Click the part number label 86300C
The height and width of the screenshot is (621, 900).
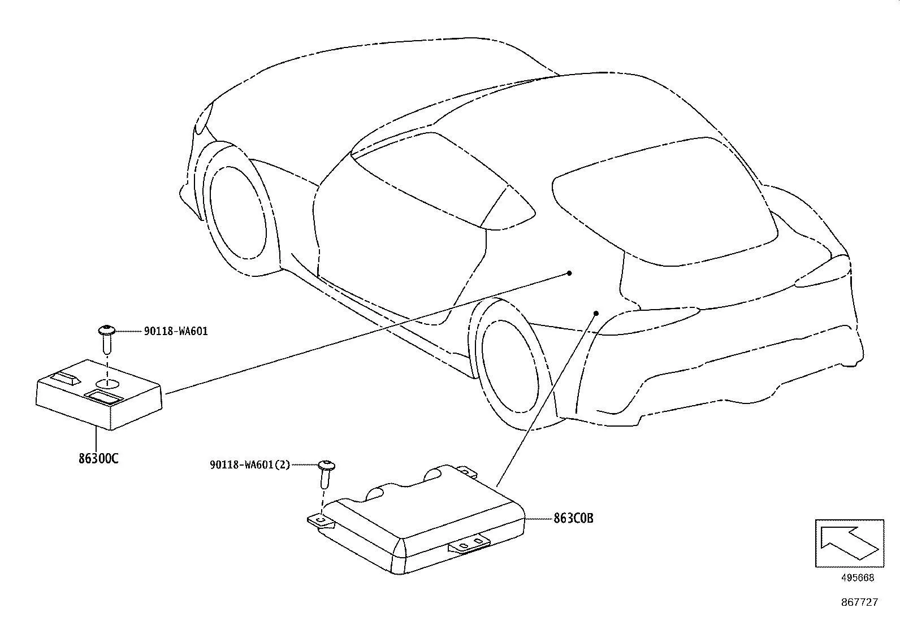[x=98, y=458]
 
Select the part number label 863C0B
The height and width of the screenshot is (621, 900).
[x=573, y=518]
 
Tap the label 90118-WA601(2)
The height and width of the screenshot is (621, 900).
[x=249, y=464]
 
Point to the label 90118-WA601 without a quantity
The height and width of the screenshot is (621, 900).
[x=176, y=331]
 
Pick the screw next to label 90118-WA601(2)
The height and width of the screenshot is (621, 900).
[x=326, y=474]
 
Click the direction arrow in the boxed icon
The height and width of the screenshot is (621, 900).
[x=849, y=543]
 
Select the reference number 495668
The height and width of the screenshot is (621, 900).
[x=858, y=577]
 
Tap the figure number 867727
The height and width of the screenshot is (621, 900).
[x=859, y=602]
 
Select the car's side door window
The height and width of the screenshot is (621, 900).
[x=442, y=181]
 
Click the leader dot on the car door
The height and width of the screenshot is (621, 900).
[x=569, y=273]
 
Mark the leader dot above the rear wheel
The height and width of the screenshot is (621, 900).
[x=596, y=313]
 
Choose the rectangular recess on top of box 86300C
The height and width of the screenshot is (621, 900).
[x=103, y=397]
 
